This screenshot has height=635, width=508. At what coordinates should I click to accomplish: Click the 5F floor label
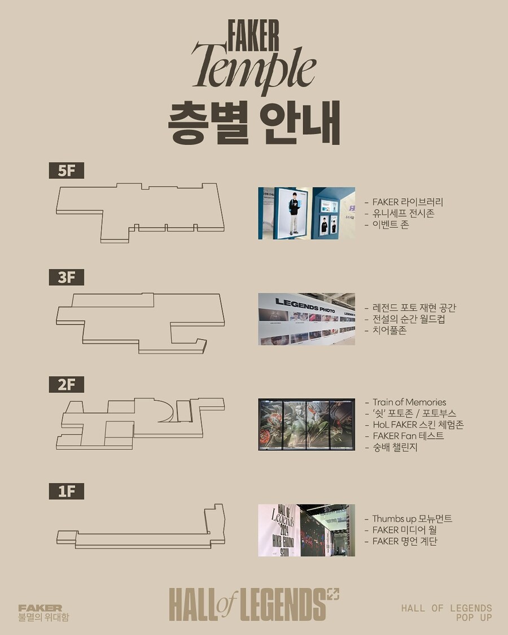(66, 170)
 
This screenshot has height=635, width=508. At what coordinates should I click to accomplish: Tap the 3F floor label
(66, 277)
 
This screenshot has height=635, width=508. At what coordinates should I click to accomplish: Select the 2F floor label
(66, 384)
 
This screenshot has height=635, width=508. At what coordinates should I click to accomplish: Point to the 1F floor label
(66, 491)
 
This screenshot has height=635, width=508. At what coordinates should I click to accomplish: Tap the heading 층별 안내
(253, 122)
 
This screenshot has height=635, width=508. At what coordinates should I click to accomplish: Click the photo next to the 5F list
(306, 213)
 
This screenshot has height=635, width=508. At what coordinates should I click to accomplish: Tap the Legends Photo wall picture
(306, 319)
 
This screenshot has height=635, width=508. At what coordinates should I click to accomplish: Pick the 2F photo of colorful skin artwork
(306, 424)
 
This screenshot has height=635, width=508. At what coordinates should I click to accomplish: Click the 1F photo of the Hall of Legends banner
(306, 530)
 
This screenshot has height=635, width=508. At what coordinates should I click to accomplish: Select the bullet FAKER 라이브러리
(408, 202)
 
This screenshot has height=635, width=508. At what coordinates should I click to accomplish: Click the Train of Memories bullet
(409, 402)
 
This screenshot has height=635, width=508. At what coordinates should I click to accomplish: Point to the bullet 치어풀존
(389, 330)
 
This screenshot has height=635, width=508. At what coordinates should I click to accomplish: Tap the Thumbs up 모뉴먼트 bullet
(411, 519)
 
